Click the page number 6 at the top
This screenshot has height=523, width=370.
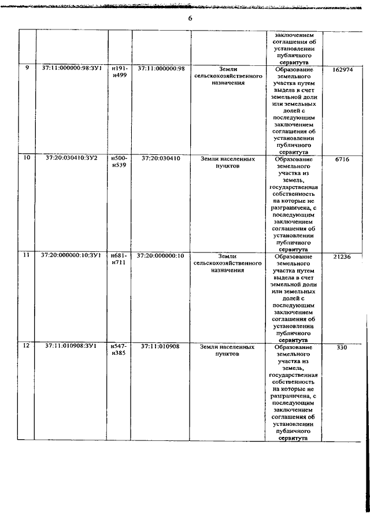click(x=189, y=18)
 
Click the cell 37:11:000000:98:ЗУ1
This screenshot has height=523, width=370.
click(x=72, y=68)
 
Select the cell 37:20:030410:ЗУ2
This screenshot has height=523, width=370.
click(x=72, y=158)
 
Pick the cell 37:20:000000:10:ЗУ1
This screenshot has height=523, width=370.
click(x=72, y=255)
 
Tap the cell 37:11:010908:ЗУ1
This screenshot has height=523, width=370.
click(x=72, y=346)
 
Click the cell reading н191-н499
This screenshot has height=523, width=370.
click(x=119, y=72)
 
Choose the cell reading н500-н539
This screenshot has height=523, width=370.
click(x=119, y=161)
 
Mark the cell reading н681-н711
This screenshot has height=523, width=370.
click(x=119, y=258)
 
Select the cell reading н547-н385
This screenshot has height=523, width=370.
click(x=119, y=349)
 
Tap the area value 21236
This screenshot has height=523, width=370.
click(x=342, y=256)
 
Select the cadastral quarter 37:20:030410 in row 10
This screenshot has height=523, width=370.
click(x=161, y=158)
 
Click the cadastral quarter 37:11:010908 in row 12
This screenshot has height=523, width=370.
click(x=161, y=346)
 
